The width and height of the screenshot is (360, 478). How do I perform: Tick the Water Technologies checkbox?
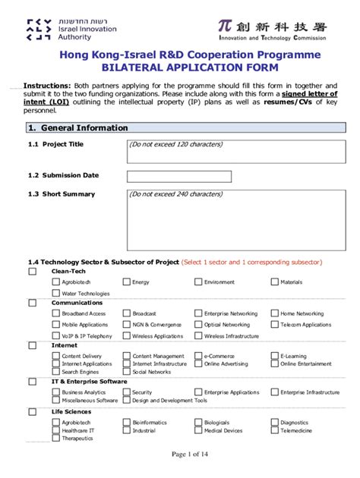click(56, 293)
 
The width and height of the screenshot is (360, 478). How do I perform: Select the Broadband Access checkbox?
click(56, 313)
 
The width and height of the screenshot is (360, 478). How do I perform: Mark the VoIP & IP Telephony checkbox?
click(56, 335)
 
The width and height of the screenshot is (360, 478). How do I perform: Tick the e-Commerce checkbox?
click(198, 355)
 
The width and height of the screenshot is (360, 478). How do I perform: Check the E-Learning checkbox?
click(274, 355)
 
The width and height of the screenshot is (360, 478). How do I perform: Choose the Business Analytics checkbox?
click(56, 392)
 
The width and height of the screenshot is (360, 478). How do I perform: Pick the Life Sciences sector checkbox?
click(32, 412)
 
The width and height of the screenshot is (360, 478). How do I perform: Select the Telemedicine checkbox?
click(274, 430)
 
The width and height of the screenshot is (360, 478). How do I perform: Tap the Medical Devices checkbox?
click(198, 430)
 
